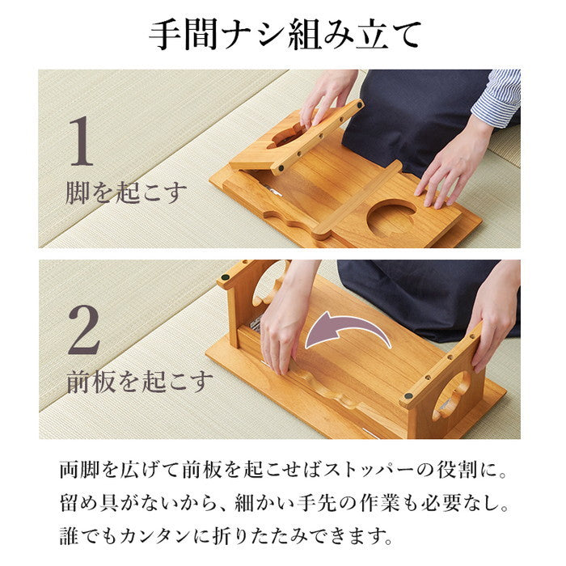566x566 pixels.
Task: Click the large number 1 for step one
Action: pyautogui.click(x=81, y=142)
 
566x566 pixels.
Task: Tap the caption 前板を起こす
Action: pyautogui.click(x=139, y=381)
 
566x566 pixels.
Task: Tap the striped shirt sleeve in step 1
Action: pyautogui.click(x=498, y=97)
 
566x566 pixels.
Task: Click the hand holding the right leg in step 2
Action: pyautogui.click(x=494, y=315)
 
